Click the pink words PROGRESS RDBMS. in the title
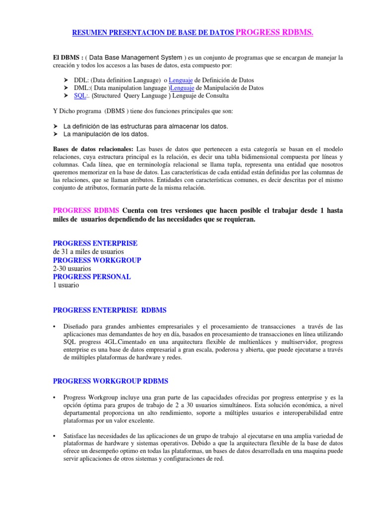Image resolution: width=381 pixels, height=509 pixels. coord(274,33)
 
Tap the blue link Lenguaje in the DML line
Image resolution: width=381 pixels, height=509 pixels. coord(185,88)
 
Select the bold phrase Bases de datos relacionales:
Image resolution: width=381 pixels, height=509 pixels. coord(93,149)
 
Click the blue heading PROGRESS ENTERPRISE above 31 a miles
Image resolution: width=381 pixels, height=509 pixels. coord(95,243)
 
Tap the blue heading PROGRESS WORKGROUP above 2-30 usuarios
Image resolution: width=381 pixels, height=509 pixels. coord(97,260)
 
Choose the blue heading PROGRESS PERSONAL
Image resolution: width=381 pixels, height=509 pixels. coord(92,277)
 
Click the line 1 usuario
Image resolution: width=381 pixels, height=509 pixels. coord(66,285)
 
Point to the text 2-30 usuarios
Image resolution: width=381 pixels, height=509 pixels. coord(72,268)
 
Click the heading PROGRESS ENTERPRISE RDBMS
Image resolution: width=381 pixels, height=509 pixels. coord(110,310)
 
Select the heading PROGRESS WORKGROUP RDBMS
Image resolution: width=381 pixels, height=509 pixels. coord(111,381)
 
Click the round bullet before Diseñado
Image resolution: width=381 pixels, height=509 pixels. coord(54,327)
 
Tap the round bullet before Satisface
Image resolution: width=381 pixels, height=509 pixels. coord(54,436)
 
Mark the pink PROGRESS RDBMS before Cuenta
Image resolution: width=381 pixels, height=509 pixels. coord(86,210)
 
